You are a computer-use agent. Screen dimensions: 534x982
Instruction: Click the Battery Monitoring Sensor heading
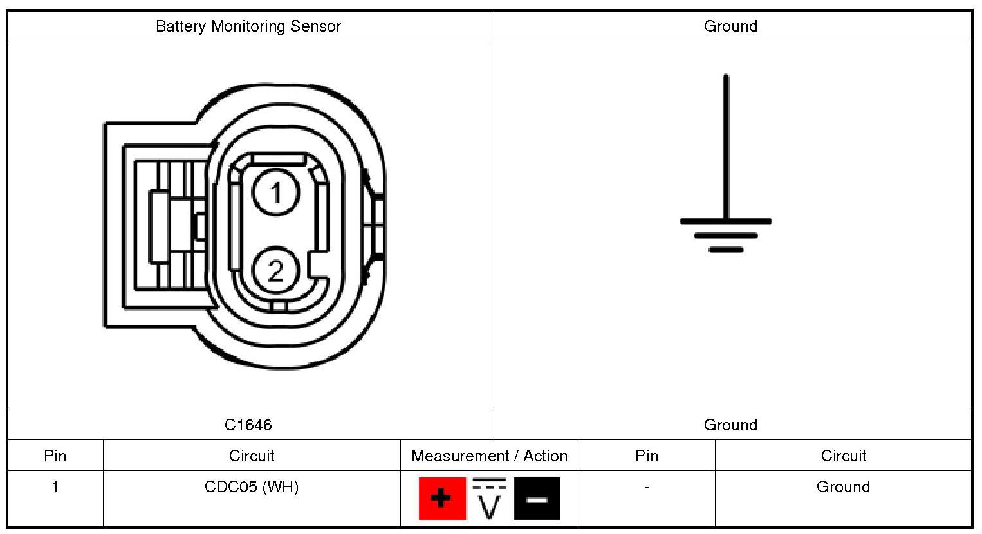(x=248, y=26)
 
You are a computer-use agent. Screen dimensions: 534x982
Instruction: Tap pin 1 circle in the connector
(x=275, y=192)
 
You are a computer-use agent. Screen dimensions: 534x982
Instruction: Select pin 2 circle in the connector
(x=275, y=271)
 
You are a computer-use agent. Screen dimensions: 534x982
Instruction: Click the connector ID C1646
(x=248, y=425)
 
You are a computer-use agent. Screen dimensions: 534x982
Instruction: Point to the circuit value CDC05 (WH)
(x=252, y=487)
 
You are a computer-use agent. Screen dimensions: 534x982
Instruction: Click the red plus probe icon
(x=442, y=499)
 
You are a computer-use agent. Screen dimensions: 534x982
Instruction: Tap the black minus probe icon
(x=537, y=499)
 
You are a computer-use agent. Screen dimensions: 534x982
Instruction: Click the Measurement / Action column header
(x=490, y=456)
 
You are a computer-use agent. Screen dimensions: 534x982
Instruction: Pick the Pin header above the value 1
(x=55, y=456)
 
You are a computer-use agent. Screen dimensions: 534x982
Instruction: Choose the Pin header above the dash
(x=647, y=456)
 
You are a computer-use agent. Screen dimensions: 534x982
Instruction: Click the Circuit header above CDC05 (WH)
(x=252, y=456)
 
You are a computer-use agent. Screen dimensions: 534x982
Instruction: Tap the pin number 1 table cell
(x=55, y=487)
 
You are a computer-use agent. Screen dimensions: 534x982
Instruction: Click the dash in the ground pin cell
(x=647, y=487)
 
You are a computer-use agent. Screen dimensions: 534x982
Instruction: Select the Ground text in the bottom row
(x=843, y=487)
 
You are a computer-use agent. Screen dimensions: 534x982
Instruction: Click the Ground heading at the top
(x=730, y=26)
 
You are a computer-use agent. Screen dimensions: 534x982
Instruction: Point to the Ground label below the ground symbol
(x=730, y=425)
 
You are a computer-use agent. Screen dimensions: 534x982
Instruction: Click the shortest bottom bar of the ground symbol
(x=726, y=250)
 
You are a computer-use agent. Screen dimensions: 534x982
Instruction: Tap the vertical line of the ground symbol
(x=726, y=148)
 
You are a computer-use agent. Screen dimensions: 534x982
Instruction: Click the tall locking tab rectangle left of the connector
(x=159, y=227)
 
